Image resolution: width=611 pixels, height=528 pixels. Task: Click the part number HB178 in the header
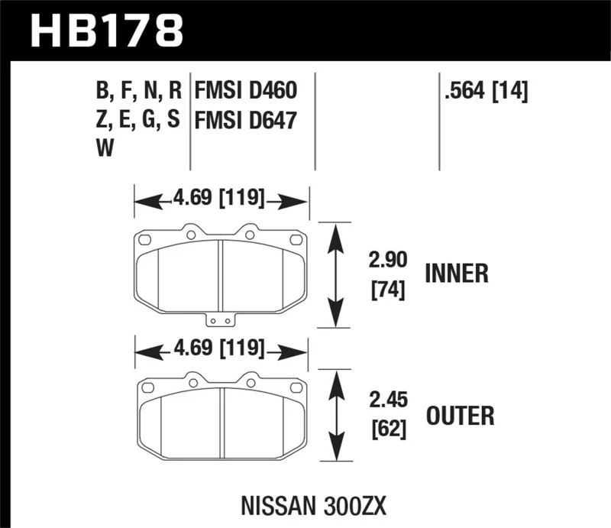click(106, 31)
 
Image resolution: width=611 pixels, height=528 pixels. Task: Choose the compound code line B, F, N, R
click(138, 93)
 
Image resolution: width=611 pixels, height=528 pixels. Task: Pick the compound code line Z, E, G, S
click(138, 121)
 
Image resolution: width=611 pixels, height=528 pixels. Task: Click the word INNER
click(456, 274)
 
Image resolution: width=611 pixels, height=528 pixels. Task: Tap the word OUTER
click(459, 416)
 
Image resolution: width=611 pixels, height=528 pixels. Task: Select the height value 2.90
click(382, 262)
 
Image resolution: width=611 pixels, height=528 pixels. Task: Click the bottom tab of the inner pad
click(221, 321)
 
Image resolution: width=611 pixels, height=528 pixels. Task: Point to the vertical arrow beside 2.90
click(335, 275)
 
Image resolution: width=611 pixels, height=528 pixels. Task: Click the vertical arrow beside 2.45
click(335, 416)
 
